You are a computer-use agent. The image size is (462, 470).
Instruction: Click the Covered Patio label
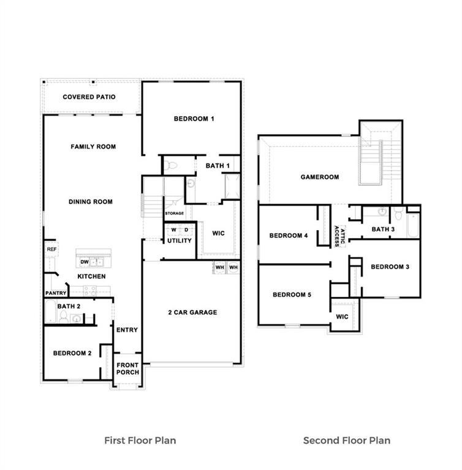point(89,97)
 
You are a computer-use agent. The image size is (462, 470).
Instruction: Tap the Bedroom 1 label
point(194,119)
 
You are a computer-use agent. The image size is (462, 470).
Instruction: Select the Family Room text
point(93,147)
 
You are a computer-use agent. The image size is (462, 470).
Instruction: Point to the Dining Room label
point(91,202)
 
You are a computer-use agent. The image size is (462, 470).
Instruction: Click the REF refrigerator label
point(51,249)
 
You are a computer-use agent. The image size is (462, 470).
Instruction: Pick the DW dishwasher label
point(85,262)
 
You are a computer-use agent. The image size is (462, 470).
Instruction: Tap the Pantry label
point(55,293)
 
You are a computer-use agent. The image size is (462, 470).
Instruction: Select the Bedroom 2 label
point(72,353)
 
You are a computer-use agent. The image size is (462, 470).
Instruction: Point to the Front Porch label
point(128,368)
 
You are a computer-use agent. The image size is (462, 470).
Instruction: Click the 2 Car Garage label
point(192,313)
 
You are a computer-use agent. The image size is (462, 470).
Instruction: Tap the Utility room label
point(180,241)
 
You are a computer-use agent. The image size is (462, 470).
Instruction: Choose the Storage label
point(174,214)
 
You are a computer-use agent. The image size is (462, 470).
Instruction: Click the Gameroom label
point(320,177)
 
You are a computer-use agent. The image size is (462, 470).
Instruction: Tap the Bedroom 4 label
point(289,236)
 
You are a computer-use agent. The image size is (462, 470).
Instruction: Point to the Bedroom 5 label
point(292,295)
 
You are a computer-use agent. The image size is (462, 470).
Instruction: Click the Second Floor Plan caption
point(347,440)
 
